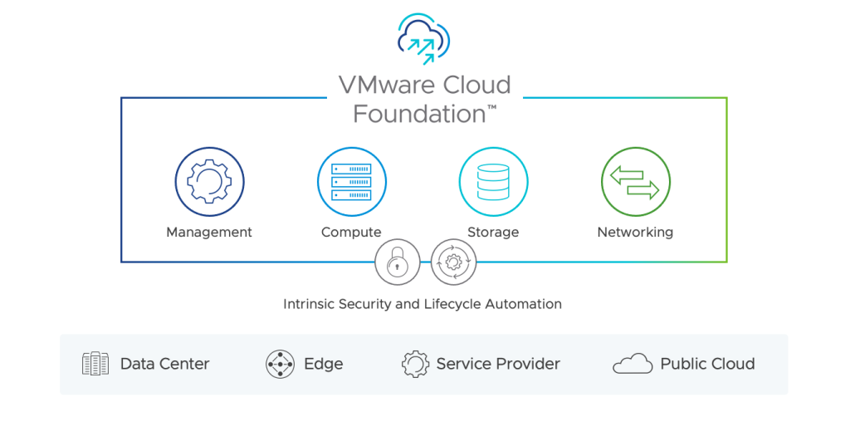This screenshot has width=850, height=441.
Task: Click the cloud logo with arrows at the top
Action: (423, 39)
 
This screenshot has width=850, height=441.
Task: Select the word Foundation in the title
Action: (419, 113)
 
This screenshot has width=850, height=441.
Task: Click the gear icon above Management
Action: (209, 181)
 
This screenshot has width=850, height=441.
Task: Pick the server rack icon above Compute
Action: (351, 181)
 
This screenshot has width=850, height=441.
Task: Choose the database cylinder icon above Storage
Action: (493, 181)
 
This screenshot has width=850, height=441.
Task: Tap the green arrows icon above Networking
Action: (635, 181)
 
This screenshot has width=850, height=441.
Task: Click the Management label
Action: (209, 233)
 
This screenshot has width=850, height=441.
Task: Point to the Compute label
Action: (351, 233)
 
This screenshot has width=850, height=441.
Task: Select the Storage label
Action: (493, 233)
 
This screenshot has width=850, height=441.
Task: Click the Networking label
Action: (635, 233)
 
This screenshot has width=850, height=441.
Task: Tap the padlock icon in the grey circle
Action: (398, 262)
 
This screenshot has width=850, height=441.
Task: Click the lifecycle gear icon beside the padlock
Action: (453, 262)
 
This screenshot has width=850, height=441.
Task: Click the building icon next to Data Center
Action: (95, 364)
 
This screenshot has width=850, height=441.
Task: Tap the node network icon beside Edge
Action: (280, 364)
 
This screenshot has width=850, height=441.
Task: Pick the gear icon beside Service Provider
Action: (414, 364)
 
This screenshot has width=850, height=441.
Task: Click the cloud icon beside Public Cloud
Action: (632, 364)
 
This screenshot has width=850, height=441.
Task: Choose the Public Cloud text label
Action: (707, 364)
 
